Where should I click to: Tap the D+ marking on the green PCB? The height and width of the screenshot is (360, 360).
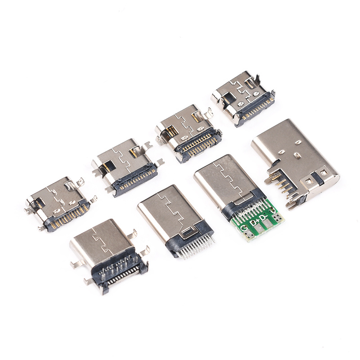(254, 222)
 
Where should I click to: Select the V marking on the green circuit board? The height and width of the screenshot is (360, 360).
(273, 210)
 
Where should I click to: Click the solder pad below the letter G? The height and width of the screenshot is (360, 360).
(249, 234)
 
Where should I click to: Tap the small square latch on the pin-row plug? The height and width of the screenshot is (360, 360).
(188, 233)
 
